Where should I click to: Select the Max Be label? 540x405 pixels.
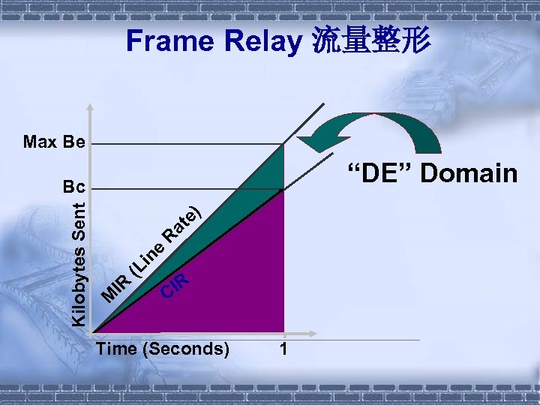pyautogui.click(x=54, y=141)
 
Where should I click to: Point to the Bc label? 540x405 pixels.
pyautogui.click(x=75, y=186)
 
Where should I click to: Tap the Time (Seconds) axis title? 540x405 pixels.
pyautogui.click(x=163, y=349)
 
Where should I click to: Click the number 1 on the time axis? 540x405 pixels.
pyautogui.click(x=283, y=349)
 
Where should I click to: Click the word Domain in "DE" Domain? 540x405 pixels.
pyautogui.click(x=469, y=173)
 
